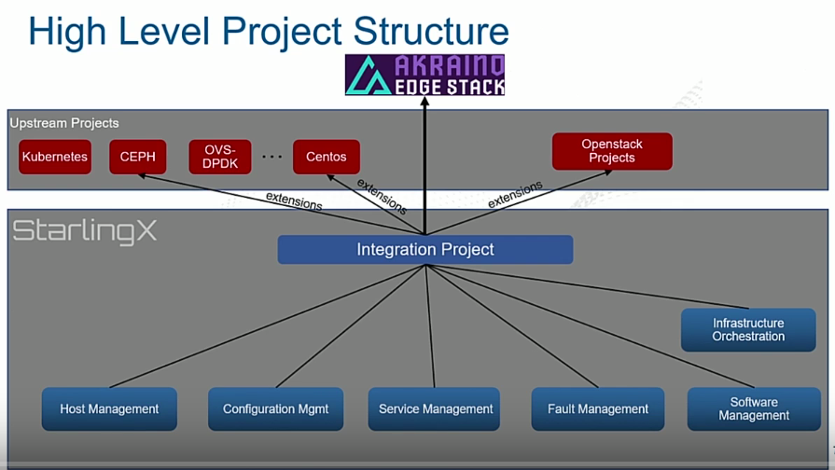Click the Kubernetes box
(x=55, y=157)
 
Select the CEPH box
(x=137, y=157)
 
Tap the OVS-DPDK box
(x=220, y=157)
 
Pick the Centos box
(x=326, y=157)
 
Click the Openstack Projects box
(x=612, y=151)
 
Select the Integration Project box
(x=424, y=249)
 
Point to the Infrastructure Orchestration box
(x=748, y=329)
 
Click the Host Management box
(x=109, y=408)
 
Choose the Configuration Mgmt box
(x=275, y=408)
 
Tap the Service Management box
(x=435, y=408)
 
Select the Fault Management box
(x=598, y=408)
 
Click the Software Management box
(x=754, y=408)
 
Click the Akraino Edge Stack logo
(x=424, y=76)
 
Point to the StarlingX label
(x=84, y=231)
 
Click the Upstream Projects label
(x=64, y=123)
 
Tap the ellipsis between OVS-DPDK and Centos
(x=271, y=157)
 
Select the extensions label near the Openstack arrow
(x=514, y=194)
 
